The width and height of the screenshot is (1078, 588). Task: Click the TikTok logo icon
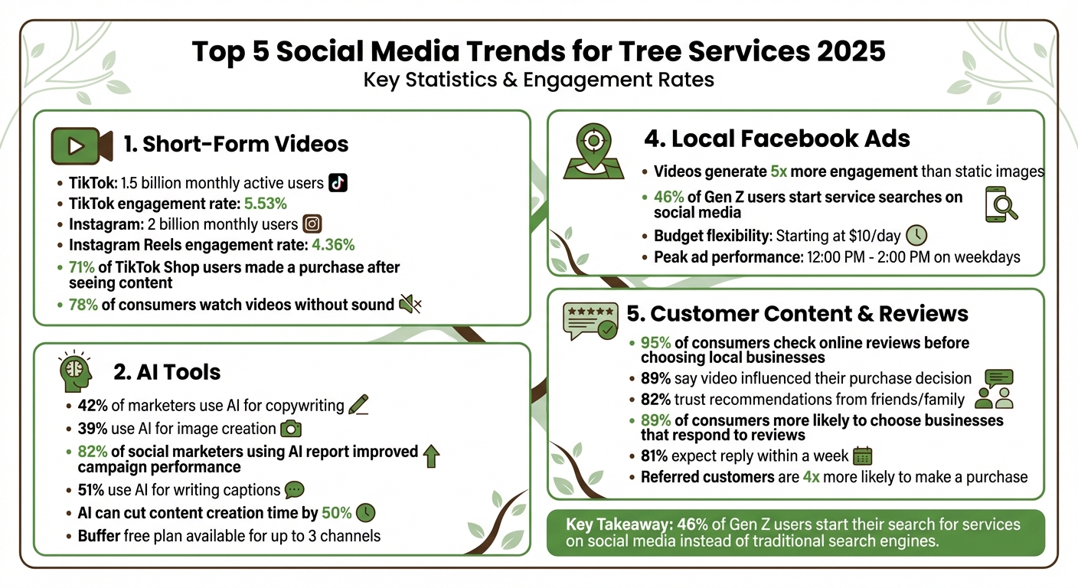pos(338,183)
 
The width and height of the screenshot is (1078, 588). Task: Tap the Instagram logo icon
pos(312,224)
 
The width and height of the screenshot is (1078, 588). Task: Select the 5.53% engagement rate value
pos(266,204)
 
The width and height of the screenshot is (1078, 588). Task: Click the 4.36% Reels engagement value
pos(332,245)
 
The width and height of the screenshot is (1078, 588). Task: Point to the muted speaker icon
pos(410,305)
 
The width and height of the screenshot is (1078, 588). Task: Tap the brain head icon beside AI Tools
pos(75,373)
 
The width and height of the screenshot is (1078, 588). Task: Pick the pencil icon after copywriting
pos(358,406)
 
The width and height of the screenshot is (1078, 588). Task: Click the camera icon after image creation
pos(291,429)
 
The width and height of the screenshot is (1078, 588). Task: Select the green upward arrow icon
pos(431,456)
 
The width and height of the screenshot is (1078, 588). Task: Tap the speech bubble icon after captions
pos(294,490)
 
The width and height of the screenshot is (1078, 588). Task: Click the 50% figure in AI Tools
pos(337,512)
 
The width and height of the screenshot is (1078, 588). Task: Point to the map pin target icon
pos(592,148)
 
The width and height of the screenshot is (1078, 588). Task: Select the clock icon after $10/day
pos(916,235)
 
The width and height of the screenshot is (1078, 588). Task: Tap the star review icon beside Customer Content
pos(590,321)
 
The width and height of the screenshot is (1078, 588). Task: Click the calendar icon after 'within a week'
pos(863,456)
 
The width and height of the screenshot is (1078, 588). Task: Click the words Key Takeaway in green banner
pos(619,524)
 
